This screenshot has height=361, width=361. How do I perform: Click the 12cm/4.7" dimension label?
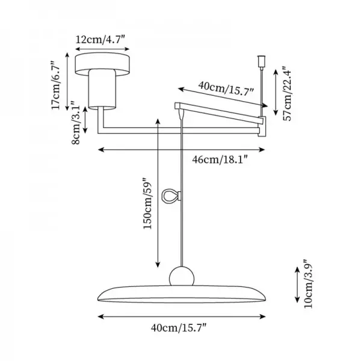click(100, 40)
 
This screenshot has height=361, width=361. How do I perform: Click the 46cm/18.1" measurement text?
click(220, 159)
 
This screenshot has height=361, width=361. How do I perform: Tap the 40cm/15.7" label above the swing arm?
click(226, 88)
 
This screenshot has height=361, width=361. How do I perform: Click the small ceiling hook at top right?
click(261, 62)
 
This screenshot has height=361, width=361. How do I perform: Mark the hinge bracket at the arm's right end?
click(262, 127)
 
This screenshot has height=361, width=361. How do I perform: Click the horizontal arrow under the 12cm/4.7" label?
click(100, 50)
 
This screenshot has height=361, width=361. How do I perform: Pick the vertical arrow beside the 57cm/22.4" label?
click(275, 91)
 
